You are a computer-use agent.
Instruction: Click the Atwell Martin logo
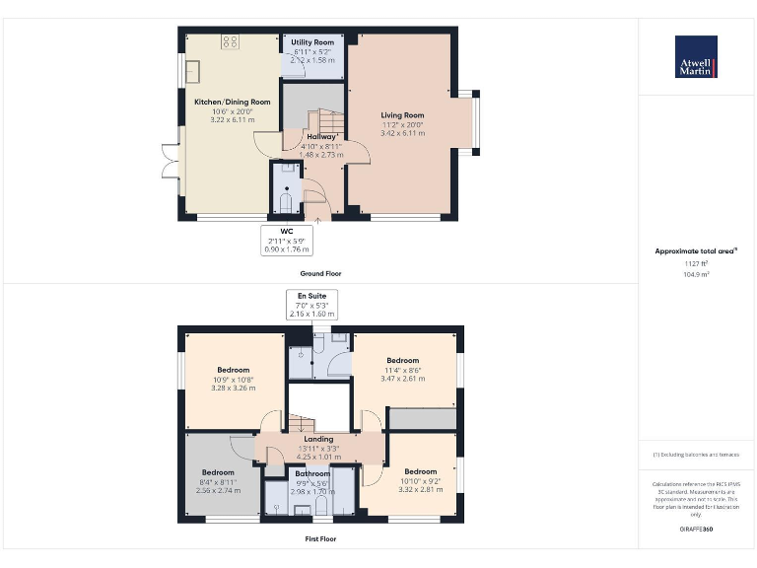696,56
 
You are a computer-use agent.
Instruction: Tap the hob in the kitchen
231,41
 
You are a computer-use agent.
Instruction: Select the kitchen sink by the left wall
193,71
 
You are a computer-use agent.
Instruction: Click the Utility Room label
311,42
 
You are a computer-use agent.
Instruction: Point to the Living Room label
401,115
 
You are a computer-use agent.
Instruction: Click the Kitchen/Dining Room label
232,102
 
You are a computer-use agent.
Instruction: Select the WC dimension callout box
286,241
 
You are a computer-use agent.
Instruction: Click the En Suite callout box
311,304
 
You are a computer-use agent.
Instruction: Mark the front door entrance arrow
317,222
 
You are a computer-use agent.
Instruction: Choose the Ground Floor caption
321,273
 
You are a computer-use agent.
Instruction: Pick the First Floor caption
321,539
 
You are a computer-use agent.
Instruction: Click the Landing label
319,439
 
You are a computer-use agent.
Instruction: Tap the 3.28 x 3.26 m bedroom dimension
233,388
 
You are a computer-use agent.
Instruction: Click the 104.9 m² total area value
696,275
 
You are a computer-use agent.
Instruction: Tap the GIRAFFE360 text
696,531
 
